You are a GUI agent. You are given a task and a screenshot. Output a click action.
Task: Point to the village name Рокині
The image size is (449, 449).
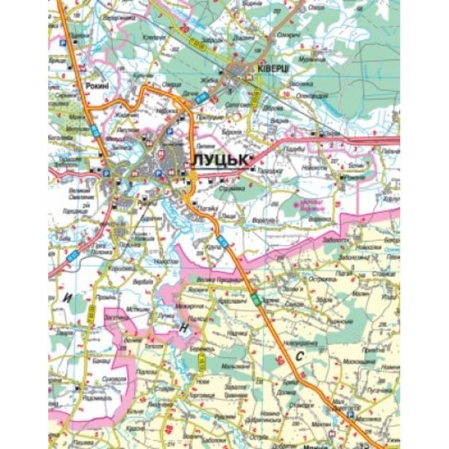97,88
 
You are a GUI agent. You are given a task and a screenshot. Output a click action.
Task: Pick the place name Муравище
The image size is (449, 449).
308,59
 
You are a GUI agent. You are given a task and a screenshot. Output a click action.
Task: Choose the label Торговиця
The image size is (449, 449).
202,395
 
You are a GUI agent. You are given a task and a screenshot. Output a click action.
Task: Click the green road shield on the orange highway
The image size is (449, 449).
257,299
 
